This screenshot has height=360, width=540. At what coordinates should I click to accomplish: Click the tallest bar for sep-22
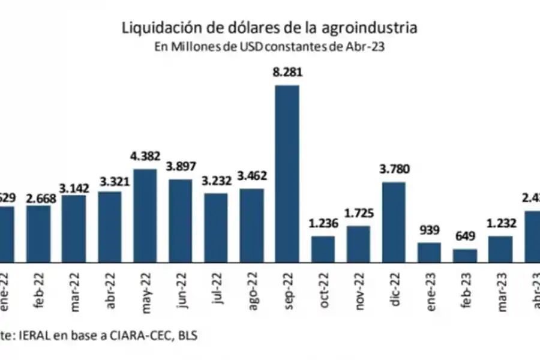(x=287, y=173)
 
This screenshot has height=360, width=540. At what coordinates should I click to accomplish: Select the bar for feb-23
(x=465, y=256)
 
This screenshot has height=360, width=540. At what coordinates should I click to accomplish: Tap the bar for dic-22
(x=394, y=222)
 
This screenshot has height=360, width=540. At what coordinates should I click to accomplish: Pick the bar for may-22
(x=145, y=215)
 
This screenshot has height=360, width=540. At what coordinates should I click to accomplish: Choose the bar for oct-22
(x=323, y=249)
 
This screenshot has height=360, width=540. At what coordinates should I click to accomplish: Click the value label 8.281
(x=287, y=73)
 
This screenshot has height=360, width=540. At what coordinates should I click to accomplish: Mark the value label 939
(x=429, y=232)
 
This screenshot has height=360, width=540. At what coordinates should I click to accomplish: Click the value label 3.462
(x=251, y=177)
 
